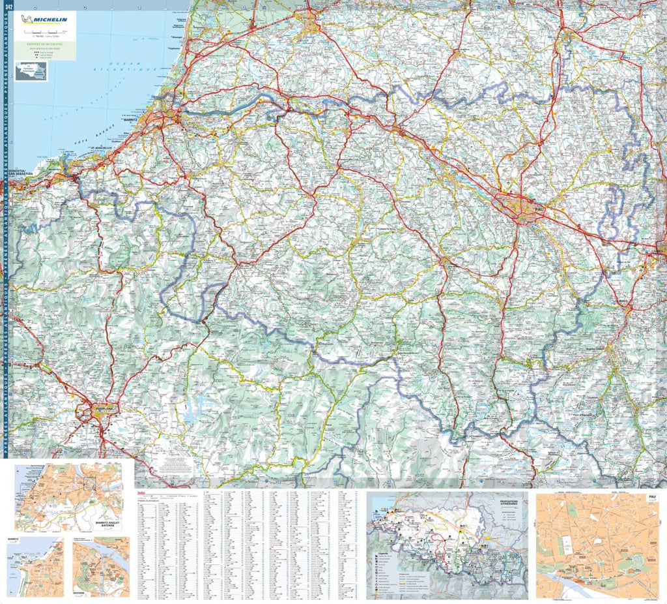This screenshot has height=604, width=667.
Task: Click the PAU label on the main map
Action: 538,209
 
